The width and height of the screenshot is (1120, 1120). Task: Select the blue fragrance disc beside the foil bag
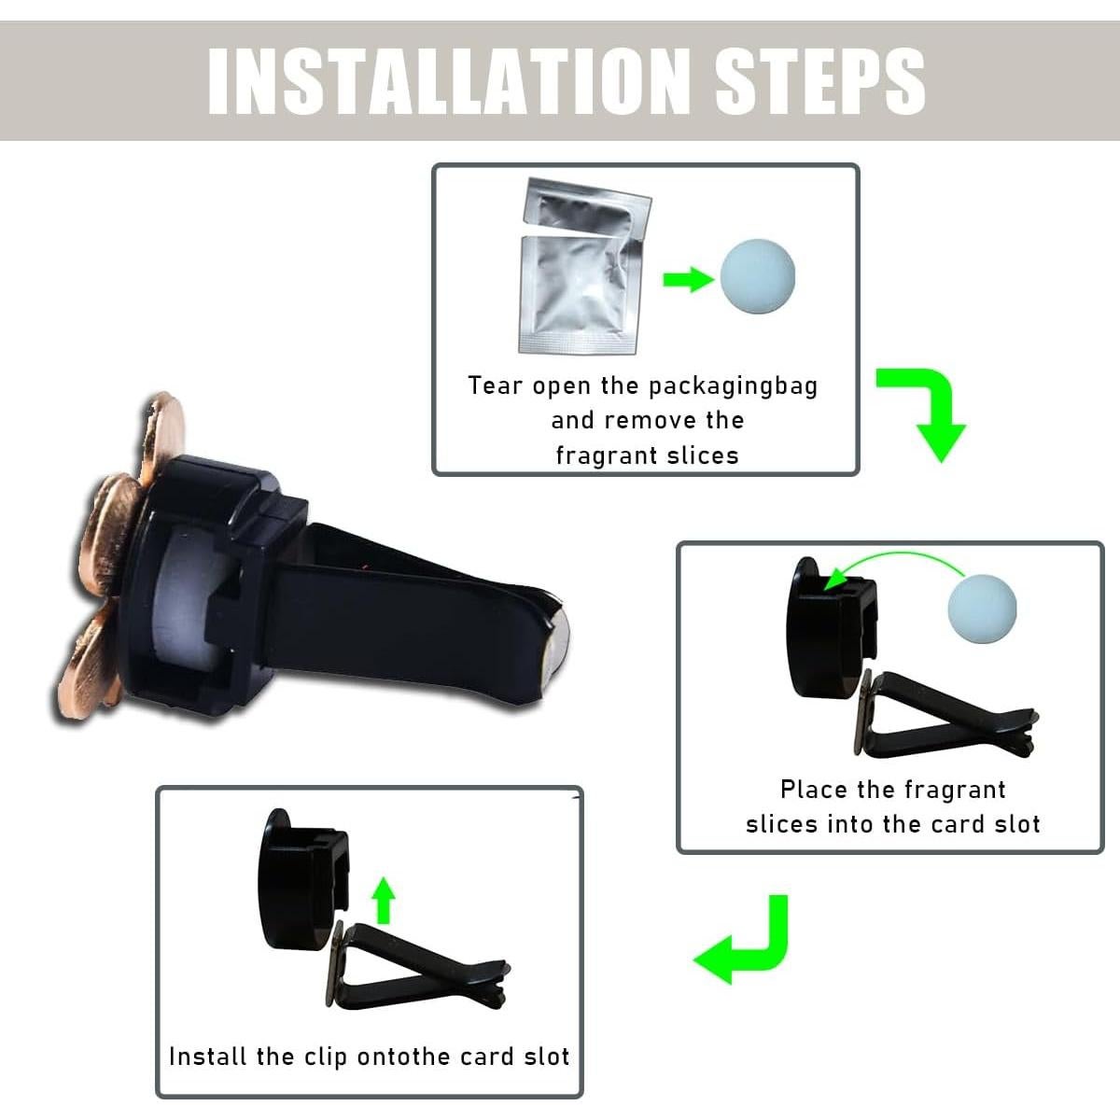point(757,278)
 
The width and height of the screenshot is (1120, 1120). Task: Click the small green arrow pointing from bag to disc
point(687,279)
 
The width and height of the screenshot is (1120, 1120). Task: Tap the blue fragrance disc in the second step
point(981,609)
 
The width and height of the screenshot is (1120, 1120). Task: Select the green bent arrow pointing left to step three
point(747,943)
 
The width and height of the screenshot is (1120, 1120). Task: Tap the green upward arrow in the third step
point(383,900)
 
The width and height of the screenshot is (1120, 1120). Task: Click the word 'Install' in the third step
point(208,1057)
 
